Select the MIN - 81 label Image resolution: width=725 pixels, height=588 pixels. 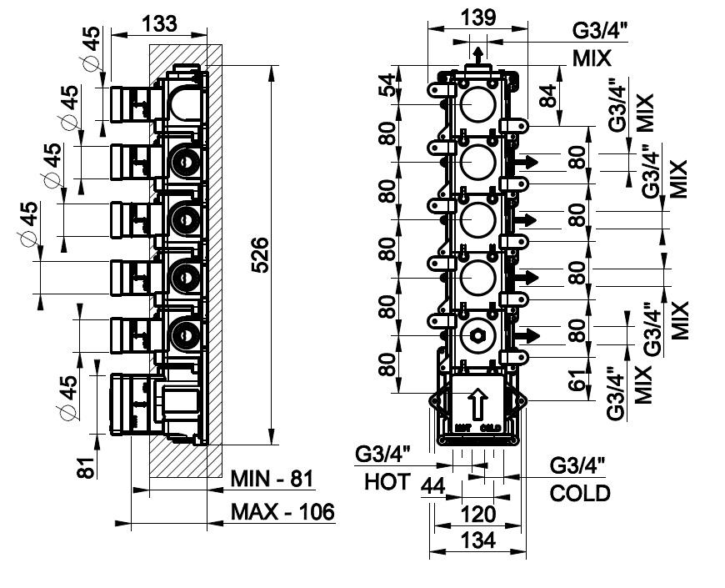[x=271, y=479]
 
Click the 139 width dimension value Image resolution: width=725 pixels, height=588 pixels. [x=477, y=16]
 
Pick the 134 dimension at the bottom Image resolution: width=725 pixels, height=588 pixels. [x=478, y=541]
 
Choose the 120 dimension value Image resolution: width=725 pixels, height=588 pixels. [x=478, y=513]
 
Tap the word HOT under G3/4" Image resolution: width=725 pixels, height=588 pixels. [x=387, y=481]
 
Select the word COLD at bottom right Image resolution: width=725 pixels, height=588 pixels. [x=580, y=493]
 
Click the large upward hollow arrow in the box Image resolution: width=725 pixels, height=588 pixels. [x=477, y=405]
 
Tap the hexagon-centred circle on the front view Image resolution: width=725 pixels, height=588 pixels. [x=477, y=336]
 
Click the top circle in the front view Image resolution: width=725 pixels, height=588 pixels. [x=477, y=104]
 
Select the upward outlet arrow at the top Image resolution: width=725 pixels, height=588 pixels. [x=477, y=55]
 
